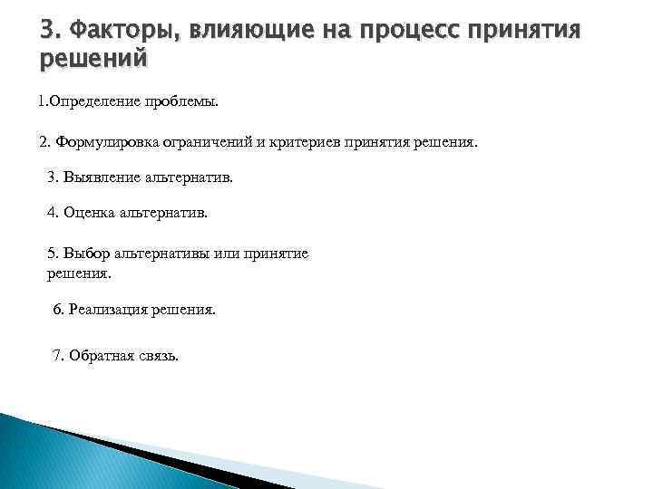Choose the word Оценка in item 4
click(88, 214)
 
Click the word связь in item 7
click(156, 355)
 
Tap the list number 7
click(59, 355)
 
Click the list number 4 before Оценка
click(52, 214)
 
